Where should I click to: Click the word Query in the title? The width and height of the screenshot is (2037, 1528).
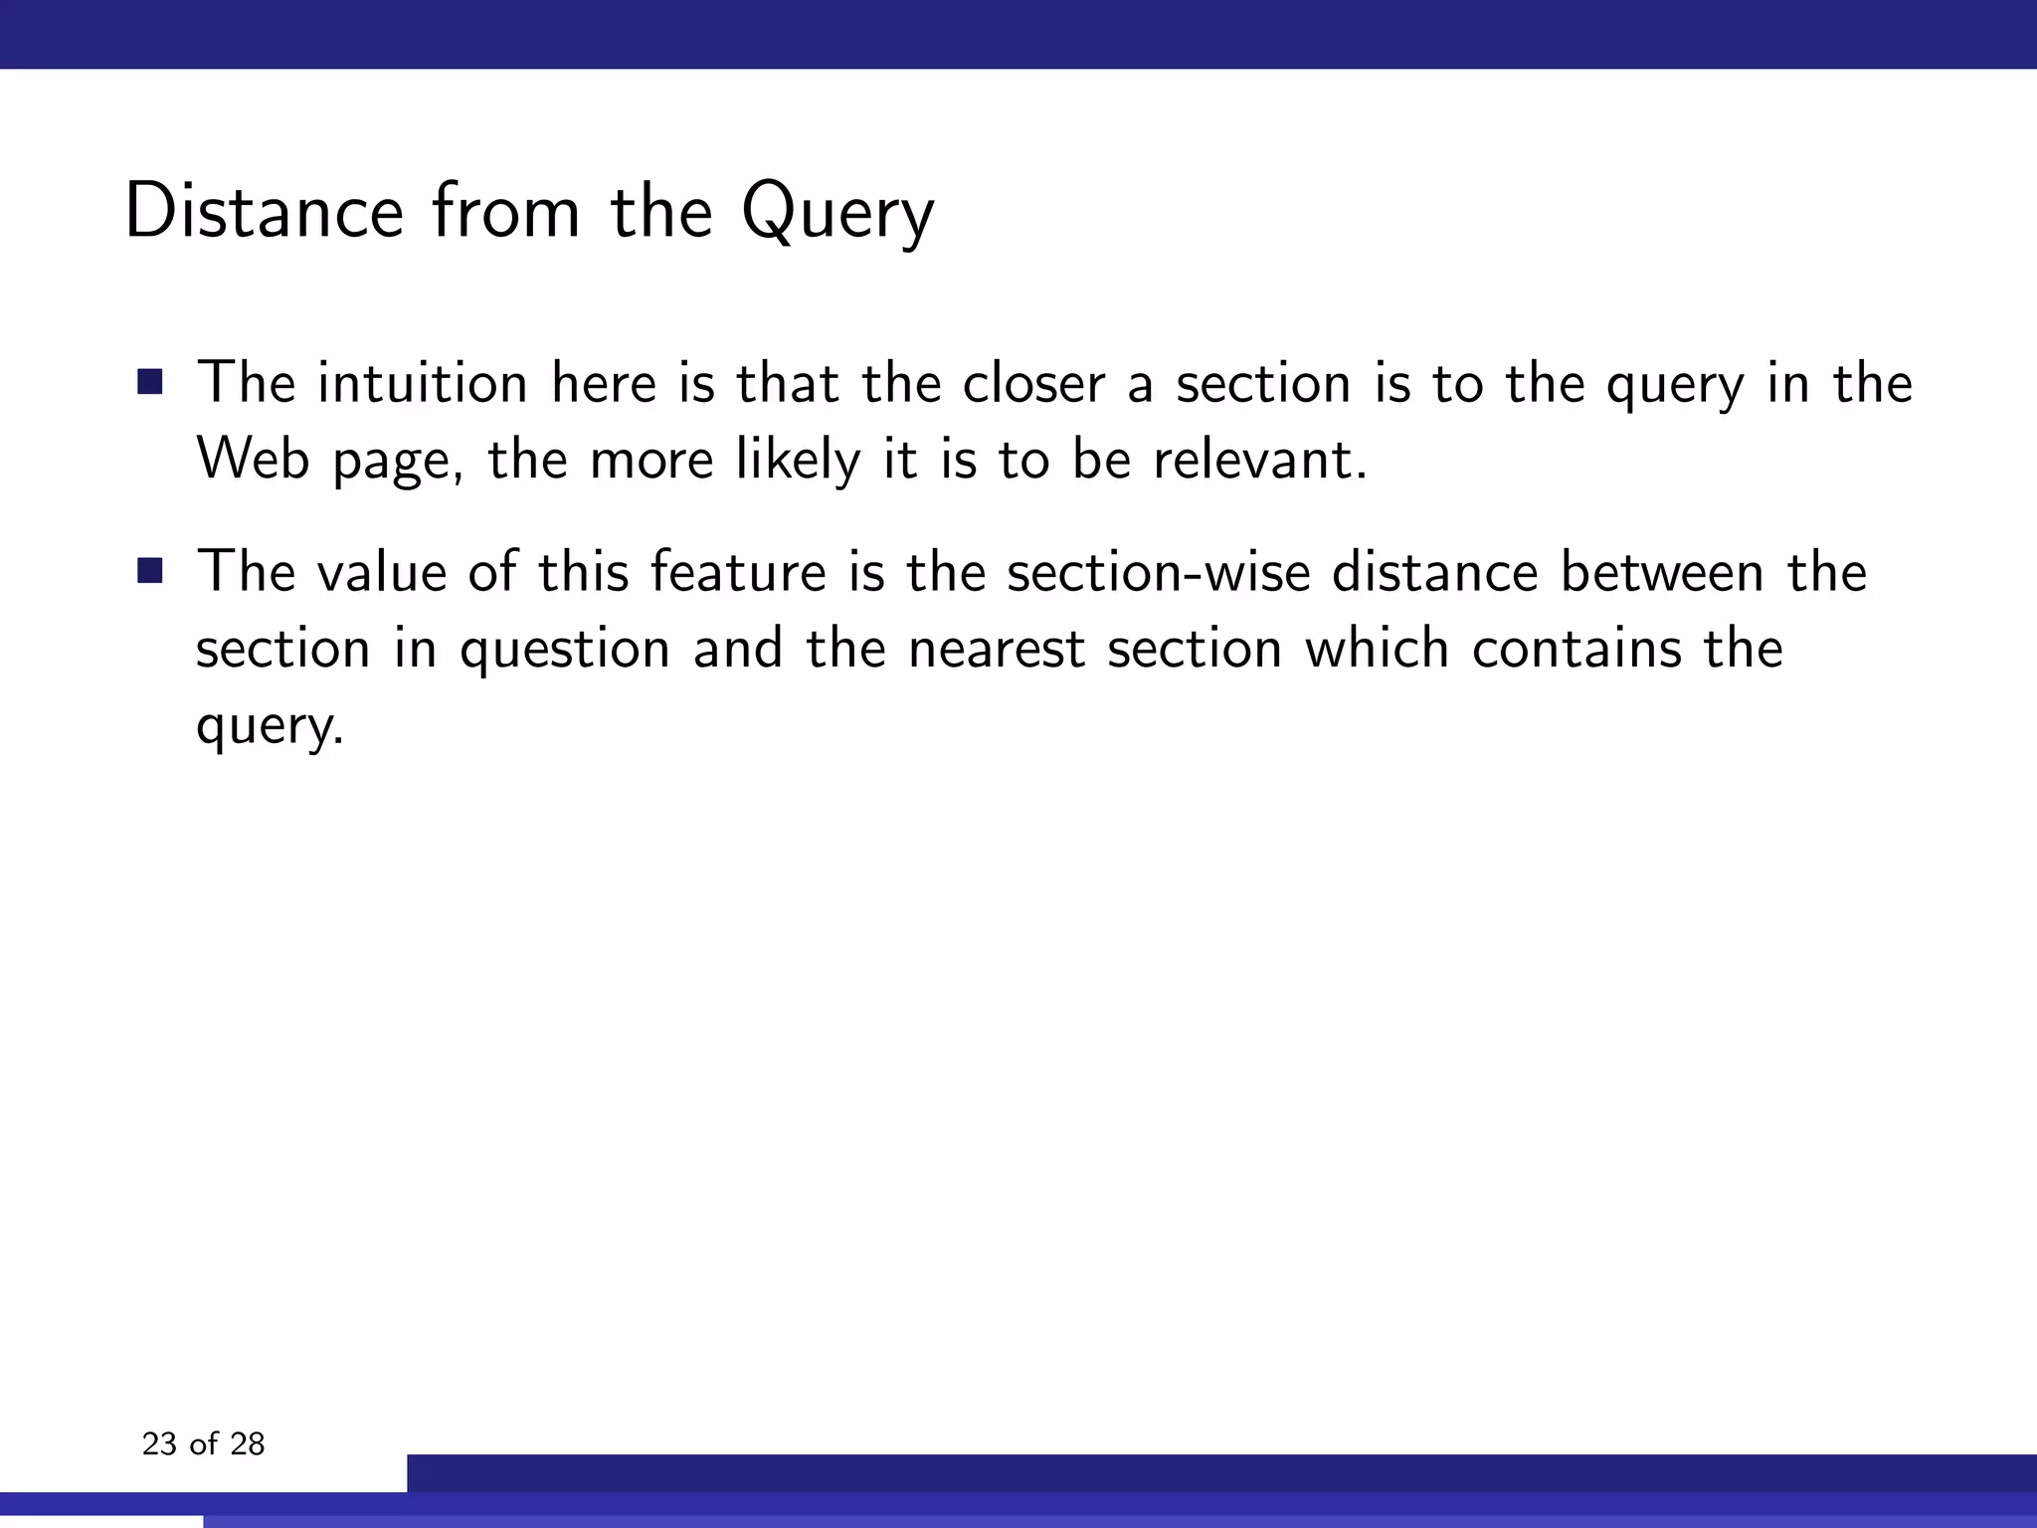point(837,213)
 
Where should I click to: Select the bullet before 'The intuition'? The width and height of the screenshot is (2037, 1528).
point(150,382)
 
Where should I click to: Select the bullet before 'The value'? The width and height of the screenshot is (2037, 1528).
point(150,571)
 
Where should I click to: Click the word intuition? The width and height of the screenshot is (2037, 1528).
point(422,383)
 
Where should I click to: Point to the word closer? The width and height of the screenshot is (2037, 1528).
point(1033,383)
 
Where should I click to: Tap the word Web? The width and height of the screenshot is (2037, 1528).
point(253,460)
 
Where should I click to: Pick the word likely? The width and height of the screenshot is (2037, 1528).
point(798,460)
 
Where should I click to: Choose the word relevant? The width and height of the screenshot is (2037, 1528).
point(1259,460)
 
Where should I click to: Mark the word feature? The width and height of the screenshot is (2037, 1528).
point(738,572)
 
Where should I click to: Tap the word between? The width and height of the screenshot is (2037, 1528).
point(1661,572)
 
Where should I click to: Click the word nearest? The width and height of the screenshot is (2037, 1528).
point(996,649)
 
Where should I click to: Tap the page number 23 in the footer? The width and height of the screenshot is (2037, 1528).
point(159,1443)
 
